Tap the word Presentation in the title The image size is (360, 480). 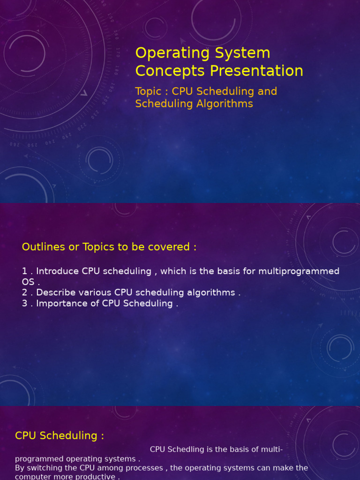pyautogui.click(x=256, y=71)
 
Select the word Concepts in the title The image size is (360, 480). pyautogui.click(x=170, y=71)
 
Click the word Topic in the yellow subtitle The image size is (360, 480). pyautogui.click(x=148, y=91)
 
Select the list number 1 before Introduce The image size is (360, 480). pyautogui.click(x=24, y=271)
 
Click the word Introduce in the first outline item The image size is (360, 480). pyautogui.click(x=58, y=271)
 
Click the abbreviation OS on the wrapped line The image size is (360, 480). pyautogui.click(x=28, y=282)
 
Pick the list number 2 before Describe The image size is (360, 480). pyautogui.click(x=25, y=292)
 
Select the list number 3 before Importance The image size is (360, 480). pyautogui.click(x=25, y=303)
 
